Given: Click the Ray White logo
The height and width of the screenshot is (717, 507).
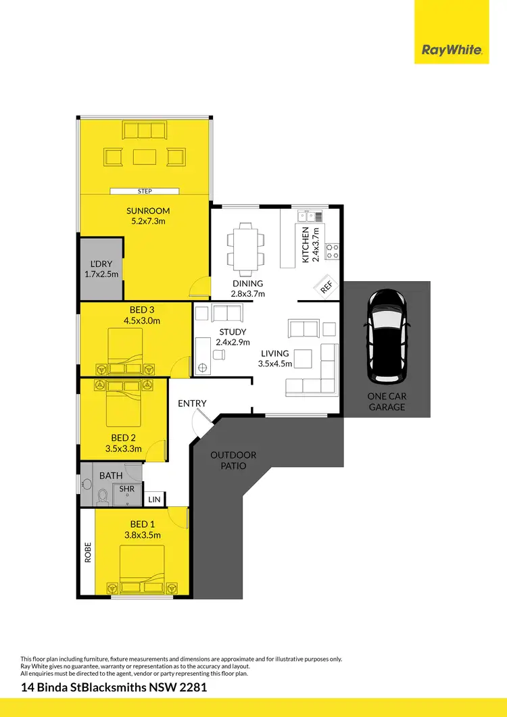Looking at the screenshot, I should click(452, 50).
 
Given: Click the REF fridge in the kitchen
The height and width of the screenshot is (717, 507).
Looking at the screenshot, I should click(326, 287).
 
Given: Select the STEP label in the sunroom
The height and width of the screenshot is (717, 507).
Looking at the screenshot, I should click(145, 191).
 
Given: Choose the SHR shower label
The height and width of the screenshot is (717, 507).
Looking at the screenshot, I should click(126, 489).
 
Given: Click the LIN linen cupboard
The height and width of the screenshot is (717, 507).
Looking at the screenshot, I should click(154, 499).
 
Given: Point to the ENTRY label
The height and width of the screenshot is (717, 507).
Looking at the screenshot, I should click(192, 403).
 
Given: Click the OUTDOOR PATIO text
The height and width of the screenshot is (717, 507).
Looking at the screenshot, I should click(233, 460).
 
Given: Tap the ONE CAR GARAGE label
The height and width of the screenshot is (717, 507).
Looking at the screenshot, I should click(387, 401).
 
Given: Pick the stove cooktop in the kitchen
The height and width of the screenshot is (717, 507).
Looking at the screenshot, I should click(332, 251).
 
